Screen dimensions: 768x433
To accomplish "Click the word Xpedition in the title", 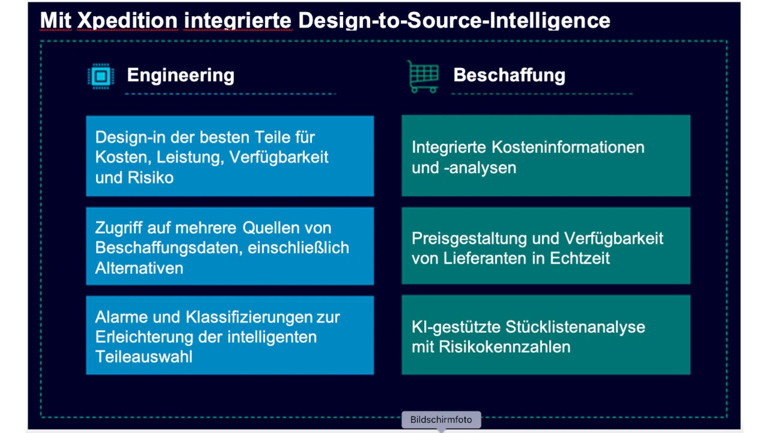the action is click(x=127, y=20).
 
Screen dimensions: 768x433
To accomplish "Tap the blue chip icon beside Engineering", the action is click(x=101, y=76).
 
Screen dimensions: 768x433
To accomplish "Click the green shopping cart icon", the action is click(x=423, y=76).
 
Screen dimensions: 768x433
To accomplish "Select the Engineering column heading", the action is click(x=181, y=75).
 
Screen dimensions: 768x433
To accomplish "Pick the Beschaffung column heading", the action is click(x=509, y=75).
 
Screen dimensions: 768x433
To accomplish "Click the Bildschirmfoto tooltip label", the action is click(x=441, y=420).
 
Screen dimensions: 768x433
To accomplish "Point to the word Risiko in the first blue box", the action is click(x=151, y=178).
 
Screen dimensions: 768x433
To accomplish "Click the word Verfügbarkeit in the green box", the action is click(x=614, y=238).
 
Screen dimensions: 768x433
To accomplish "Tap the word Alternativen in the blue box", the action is click(x=139, y=268).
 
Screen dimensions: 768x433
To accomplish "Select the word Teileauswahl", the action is click(x=144, y=357).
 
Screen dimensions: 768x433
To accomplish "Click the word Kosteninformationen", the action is click(x=568, y=147).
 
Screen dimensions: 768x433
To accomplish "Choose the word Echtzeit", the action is click(x=580, y=258).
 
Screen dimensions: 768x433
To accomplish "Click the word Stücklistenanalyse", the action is click(x=575, y=327).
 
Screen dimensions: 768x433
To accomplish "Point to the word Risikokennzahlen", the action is click(x=505, y=347).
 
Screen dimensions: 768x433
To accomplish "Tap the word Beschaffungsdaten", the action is click(x=169, y=248).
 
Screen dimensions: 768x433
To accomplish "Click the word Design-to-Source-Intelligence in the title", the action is click(x=454, y=20).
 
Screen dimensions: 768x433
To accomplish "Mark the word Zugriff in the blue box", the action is click(x=119, y=228).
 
